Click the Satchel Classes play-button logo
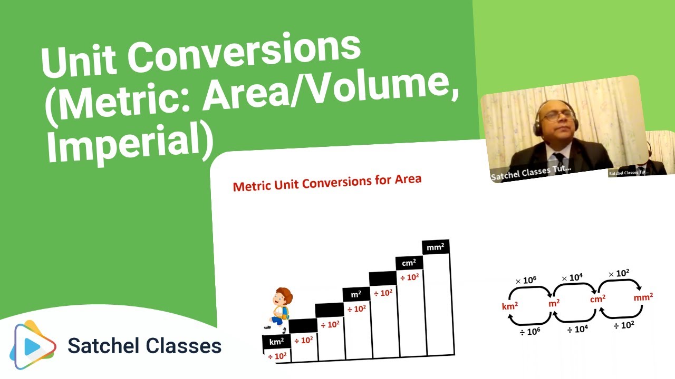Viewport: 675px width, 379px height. coord(33,345)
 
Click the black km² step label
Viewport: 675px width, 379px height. coord(276,342)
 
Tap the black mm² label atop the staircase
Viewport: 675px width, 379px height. coord(436,247)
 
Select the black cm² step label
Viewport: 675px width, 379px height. coord(409,263)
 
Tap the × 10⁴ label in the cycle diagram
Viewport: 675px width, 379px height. coord(573,277)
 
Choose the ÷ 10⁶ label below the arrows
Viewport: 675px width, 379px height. coord(530,331)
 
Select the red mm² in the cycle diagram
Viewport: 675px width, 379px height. coord(643,298)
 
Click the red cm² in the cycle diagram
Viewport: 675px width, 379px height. coord(597,299)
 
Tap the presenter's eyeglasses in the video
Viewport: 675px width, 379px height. coord(558,115)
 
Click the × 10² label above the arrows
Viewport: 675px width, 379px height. coord(619,274)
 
